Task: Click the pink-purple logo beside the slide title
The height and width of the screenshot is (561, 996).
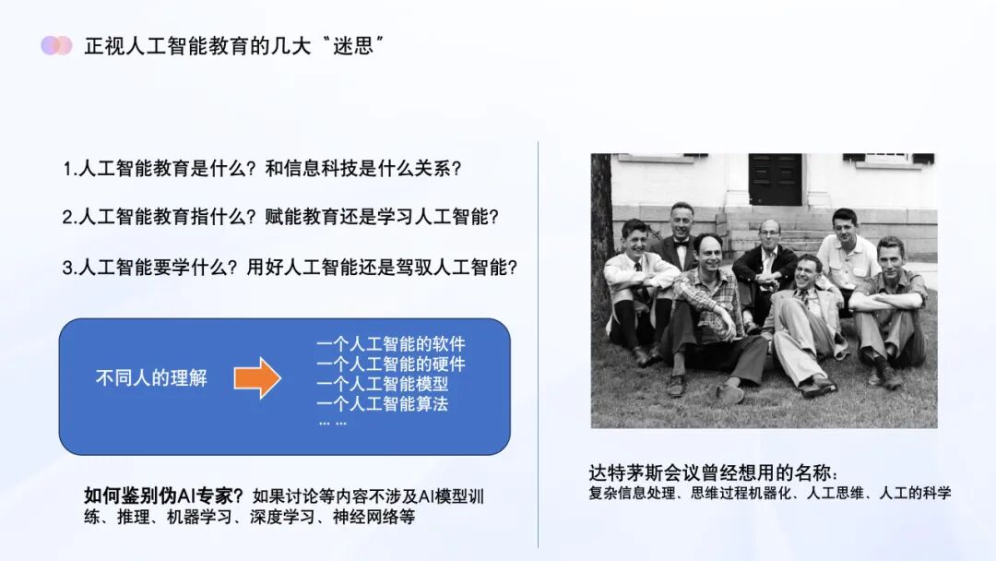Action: (x=56, y=45)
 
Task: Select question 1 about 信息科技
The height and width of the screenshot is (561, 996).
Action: (x=262, y=169)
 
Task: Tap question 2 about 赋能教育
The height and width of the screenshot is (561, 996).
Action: (x=280, y=218)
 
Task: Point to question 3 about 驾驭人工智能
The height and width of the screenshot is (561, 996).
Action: (x=290, y=268)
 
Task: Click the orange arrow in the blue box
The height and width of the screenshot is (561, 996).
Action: (x=257, y=377)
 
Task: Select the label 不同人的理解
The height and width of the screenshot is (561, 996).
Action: (x=151, y=377)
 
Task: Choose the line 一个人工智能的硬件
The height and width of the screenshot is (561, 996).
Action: (x=391, y=364)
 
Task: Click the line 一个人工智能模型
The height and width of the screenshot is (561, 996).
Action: (x=382, y=384)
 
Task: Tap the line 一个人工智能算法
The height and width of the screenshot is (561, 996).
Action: (x=382, y=403)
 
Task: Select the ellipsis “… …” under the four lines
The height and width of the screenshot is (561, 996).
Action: (x=332, y=423)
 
